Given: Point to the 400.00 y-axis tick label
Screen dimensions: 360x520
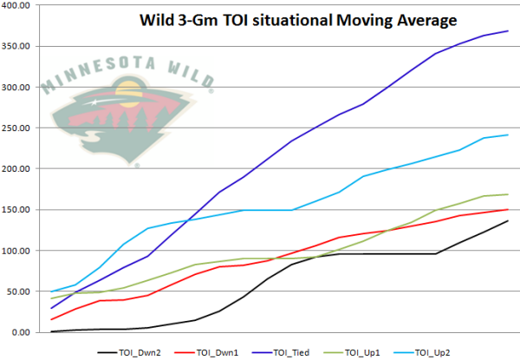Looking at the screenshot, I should (x=17, y=5).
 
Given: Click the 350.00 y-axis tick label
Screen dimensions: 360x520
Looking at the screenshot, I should (x=17, y=46).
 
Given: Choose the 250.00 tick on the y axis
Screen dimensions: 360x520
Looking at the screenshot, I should (x=17, y=128).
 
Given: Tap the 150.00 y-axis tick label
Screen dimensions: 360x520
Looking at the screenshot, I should (x=17, y=210).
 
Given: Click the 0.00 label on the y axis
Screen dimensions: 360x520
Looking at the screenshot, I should (x=22, y=332).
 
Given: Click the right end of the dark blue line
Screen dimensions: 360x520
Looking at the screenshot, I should (x=508, y=31).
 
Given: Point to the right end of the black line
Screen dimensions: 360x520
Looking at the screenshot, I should (x=508, y=221).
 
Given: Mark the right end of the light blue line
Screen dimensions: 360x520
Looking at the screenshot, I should (x=508, y=135).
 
